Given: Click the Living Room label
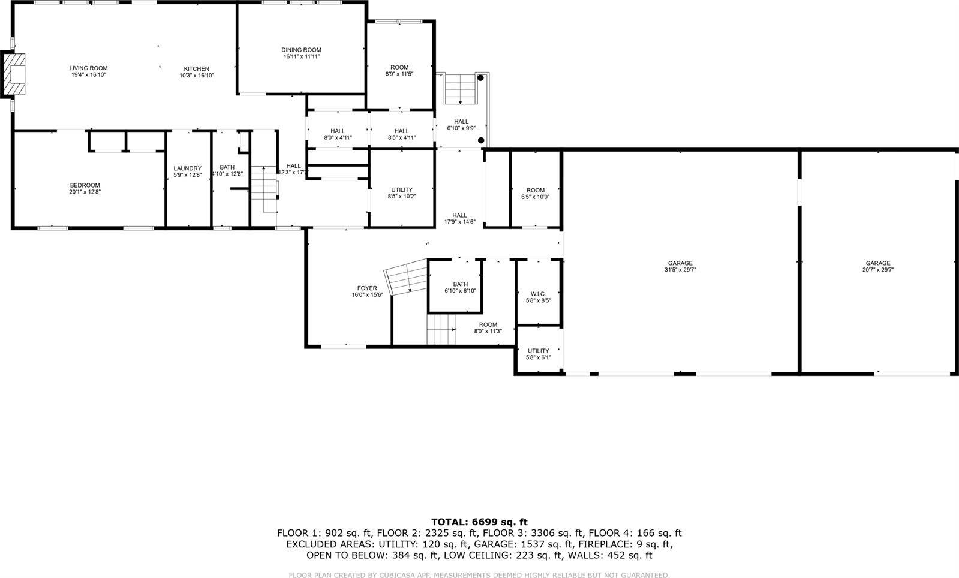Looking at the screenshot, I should tap(88, 68).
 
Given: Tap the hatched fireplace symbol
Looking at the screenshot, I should tap(16, 74).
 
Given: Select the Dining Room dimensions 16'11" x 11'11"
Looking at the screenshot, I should tap(301, 56).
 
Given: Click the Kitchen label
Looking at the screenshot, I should tap(196, 69).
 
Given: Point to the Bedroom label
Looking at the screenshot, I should tap(85, 185).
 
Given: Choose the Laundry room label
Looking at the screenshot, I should tap(187, 168).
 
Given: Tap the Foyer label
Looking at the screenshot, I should tap(367, 288).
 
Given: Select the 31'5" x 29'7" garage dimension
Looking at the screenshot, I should tap(680, 270).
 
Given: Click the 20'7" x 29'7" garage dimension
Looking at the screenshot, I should tap(877, 270).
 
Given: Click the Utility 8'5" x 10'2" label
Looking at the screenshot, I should tap(401, 190).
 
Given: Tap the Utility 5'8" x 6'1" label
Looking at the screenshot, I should tap(538, 351).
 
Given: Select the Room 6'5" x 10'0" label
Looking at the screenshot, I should tap(535, 191).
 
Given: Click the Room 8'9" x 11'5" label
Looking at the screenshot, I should tap(399, 68).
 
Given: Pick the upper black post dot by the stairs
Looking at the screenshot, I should tap(480, 78).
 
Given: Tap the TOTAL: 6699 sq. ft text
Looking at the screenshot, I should tap(479, 522).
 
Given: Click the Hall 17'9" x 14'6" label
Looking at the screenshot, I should tap(459, 215).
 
